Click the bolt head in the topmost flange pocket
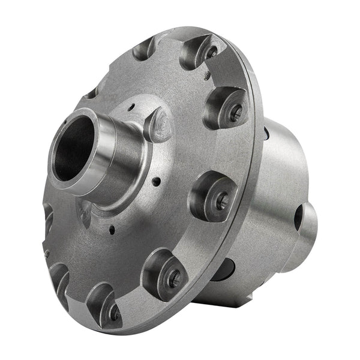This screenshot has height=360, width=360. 211,52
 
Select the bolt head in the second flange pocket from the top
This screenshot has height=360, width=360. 236,110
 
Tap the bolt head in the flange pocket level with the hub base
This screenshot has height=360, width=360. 222,201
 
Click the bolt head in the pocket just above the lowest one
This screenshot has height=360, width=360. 173,277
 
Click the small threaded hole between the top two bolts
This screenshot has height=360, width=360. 207,76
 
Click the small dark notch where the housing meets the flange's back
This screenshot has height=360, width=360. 265,133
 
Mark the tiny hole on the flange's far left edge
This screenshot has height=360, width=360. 47,254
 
